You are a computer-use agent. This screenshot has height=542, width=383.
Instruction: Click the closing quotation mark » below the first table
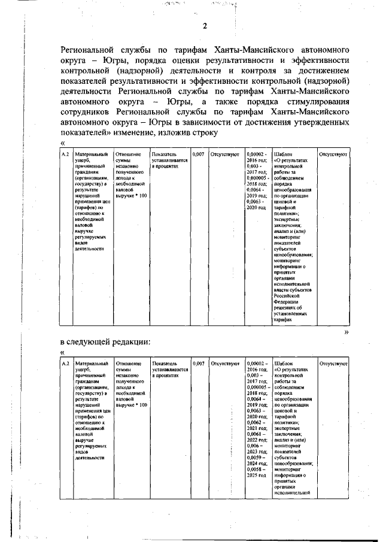pos(346,331)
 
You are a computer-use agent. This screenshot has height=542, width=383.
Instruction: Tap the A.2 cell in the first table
pos(66,155)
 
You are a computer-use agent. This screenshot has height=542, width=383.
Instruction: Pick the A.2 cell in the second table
pos(66,364)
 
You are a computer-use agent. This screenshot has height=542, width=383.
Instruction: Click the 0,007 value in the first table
pos(198,155)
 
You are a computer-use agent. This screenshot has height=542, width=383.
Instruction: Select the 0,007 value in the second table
pos(198,364)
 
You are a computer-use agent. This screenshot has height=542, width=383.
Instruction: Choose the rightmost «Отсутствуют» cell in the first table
pos(334,155)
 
